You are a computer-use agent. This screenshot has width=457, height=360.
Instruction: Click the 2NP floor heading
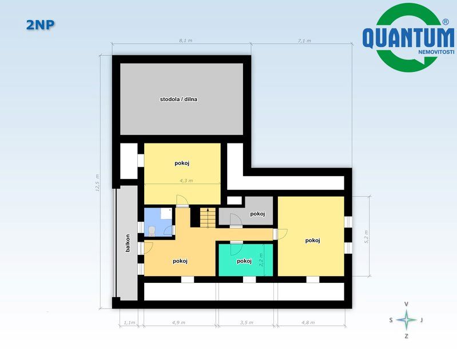pyautogui.click(x=40, y=25)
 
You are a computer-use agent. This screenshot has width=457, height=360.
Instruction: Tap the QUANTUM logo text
pyautogui.click(x=408, y=37)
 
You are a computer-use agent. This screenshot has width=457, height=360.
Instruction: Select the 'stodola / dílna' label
pyautogui.click(x=178, y=99)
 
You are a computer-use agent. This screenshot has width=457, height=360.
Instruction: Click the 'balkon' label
pyautogui.click(x=128, y=243)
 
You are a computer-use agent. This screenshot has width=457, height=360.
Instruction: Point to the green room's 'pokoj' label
pyautogui.click(x=244, y=261)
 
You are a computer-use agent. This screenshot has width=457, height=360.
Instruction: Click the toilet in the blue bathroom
pyautogui.click(x=152, y=231)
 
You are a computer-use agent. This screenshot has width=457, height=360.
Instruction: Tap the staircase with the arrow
pyautogui.click(x=208, y=218)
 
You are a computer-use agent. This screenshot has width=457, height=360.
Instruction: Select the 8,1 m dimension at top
pyautogui.click(x=186, y=41)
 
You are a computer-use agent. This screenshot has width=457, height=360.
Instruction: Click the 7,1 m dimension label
pyautogui.click(x=304, y=41)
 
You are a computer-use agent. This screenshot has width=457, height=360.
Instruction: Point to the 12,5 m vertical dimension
pyautogui.click(x=97, y=183)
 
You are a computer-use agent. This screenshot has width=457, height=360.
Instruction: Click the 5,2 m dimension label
pyautogui.click(x=367, y=237)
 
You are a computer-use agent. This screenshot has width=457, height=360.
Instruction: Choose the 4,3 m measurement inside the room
pyautogui.click(x=186, y=181)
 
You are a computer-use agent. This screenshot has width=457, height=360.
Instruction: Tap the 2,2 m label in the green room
pyautogui.click(x=261, y=259)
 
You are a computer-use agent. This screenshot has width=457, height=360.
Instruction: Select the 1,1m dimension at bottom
pyautogui.click(x=129, y=322)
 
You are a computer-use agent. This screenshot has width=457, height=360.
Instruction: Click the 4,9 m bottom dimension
pyautogui.click(x=178, y=322)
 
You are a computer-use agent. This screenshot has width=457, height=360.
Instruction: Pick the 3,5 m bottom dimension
pyautogui.click(x=247, y=322)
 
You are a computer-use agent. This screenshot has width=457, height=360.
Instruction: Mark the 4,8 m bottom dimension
pyautogui.click(x=308, y=322)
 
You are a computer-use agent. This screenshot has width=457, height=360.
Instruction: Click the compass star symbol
pyautogui.click(x=406, y=319)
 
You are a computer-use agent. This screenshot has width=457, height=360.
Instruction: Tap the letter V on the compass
pyautogui.click(x=406, y=304)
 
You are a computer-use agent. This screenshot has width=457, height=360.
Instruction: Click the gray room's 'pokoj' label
pyautogui.click(x=257, y=214)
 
